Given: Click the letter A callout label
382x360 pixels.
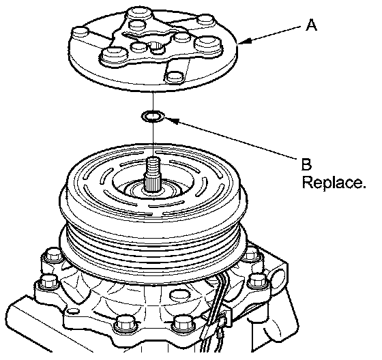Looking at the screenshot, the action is tap(311, 26).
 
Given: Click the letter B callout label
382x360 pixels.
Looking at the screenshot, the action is tap(306, 164).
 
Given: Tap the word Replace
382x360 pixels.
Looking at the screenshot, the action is tap(334, 183).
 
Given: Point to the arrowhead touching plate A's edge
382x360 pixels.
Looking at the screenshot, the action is tap(245, 41).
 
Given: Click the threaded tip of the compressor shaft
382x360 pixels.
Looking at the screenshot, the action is tap(153, 164).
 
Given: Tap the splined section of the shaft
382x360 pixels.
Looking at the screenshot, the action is tap(153, 181).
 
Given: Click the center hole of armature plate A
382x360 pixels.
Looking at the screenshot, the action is tap(156, 48).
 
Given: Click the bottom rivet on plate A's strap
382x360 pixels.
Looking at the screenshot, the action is tap(175, 76).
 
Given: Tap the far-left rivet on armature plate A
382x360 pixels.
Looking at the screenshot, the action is tap(80, 33).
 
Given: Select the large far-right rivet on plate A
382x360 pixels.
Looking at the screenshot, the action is tap(207, 44).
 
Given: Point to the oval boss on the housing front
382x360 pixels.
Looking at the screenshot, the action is tap(180, 295).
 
